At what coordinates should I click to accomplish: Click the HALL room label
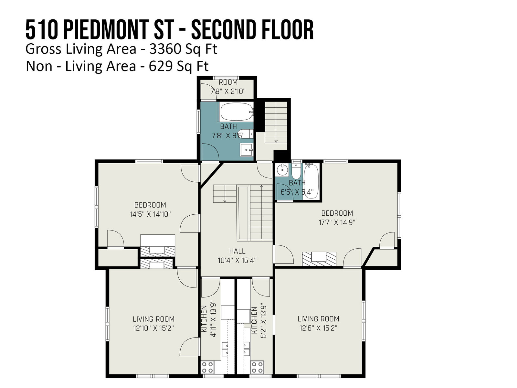[x=237, y=251]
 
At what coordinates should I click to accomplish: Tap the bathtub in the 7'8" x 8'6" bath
[x=237, y=112]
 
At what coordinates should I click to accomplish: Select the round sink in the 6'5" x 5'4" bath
[x=282, y=170]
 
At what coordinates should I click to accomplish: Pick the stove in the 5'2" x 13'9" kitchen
[x=257, y=367]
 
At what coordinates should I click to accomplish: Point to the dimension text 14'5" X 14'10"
[x=150, y=214]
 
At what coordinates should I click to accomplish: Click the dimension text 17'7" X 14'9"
[x=337, y=222]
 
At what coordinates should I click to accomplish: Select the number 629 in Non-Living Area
[x=160, y=66]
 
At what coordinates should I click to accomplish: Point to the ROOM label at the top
[x=228, y=82]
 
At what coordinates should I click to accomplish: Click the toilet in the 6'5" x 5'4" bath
[x=296, y=171]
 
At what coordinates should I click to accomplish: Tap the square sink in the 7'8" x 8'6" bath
[x=247, y=150]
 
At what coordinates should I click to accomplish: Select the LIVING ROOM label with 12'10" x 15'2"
[x=153, y=319]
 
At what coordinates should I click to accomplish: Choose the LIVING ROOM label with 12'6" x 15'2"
[x=318, y=319]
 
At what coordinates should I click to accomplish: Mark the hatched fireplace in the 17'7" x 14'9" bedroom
[x=319, y=259]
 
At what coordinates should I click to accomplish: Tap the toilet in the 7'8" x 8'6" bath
[x=246, y=134]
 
